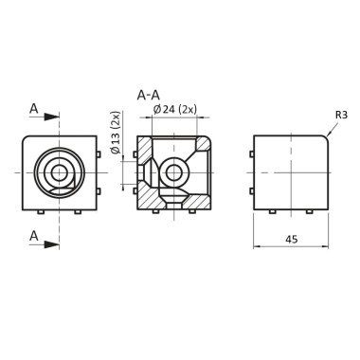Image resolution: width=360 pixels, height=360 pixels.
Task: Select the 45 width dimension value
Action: click(291, 240)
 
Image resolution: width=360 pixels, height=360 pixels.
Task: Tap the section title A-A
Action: click(148, 96)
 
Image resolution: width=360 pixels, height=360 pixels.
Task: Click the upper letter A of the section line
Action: click(34, 110)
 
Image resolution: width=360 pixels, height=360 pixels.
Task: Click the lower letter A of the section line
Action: click(34, 234)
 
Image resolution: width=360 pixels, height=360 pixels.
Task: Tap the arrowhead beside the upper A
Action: click(55, 118)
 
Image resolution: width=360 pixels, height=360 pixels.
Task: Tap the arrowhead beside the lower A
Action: click(55, 243)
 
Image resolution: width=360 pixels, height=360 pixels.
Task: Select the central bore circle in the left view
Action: click(59, 172)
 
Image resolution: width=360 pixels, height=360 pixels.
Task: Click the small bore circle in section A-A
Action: click(174, 171)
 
